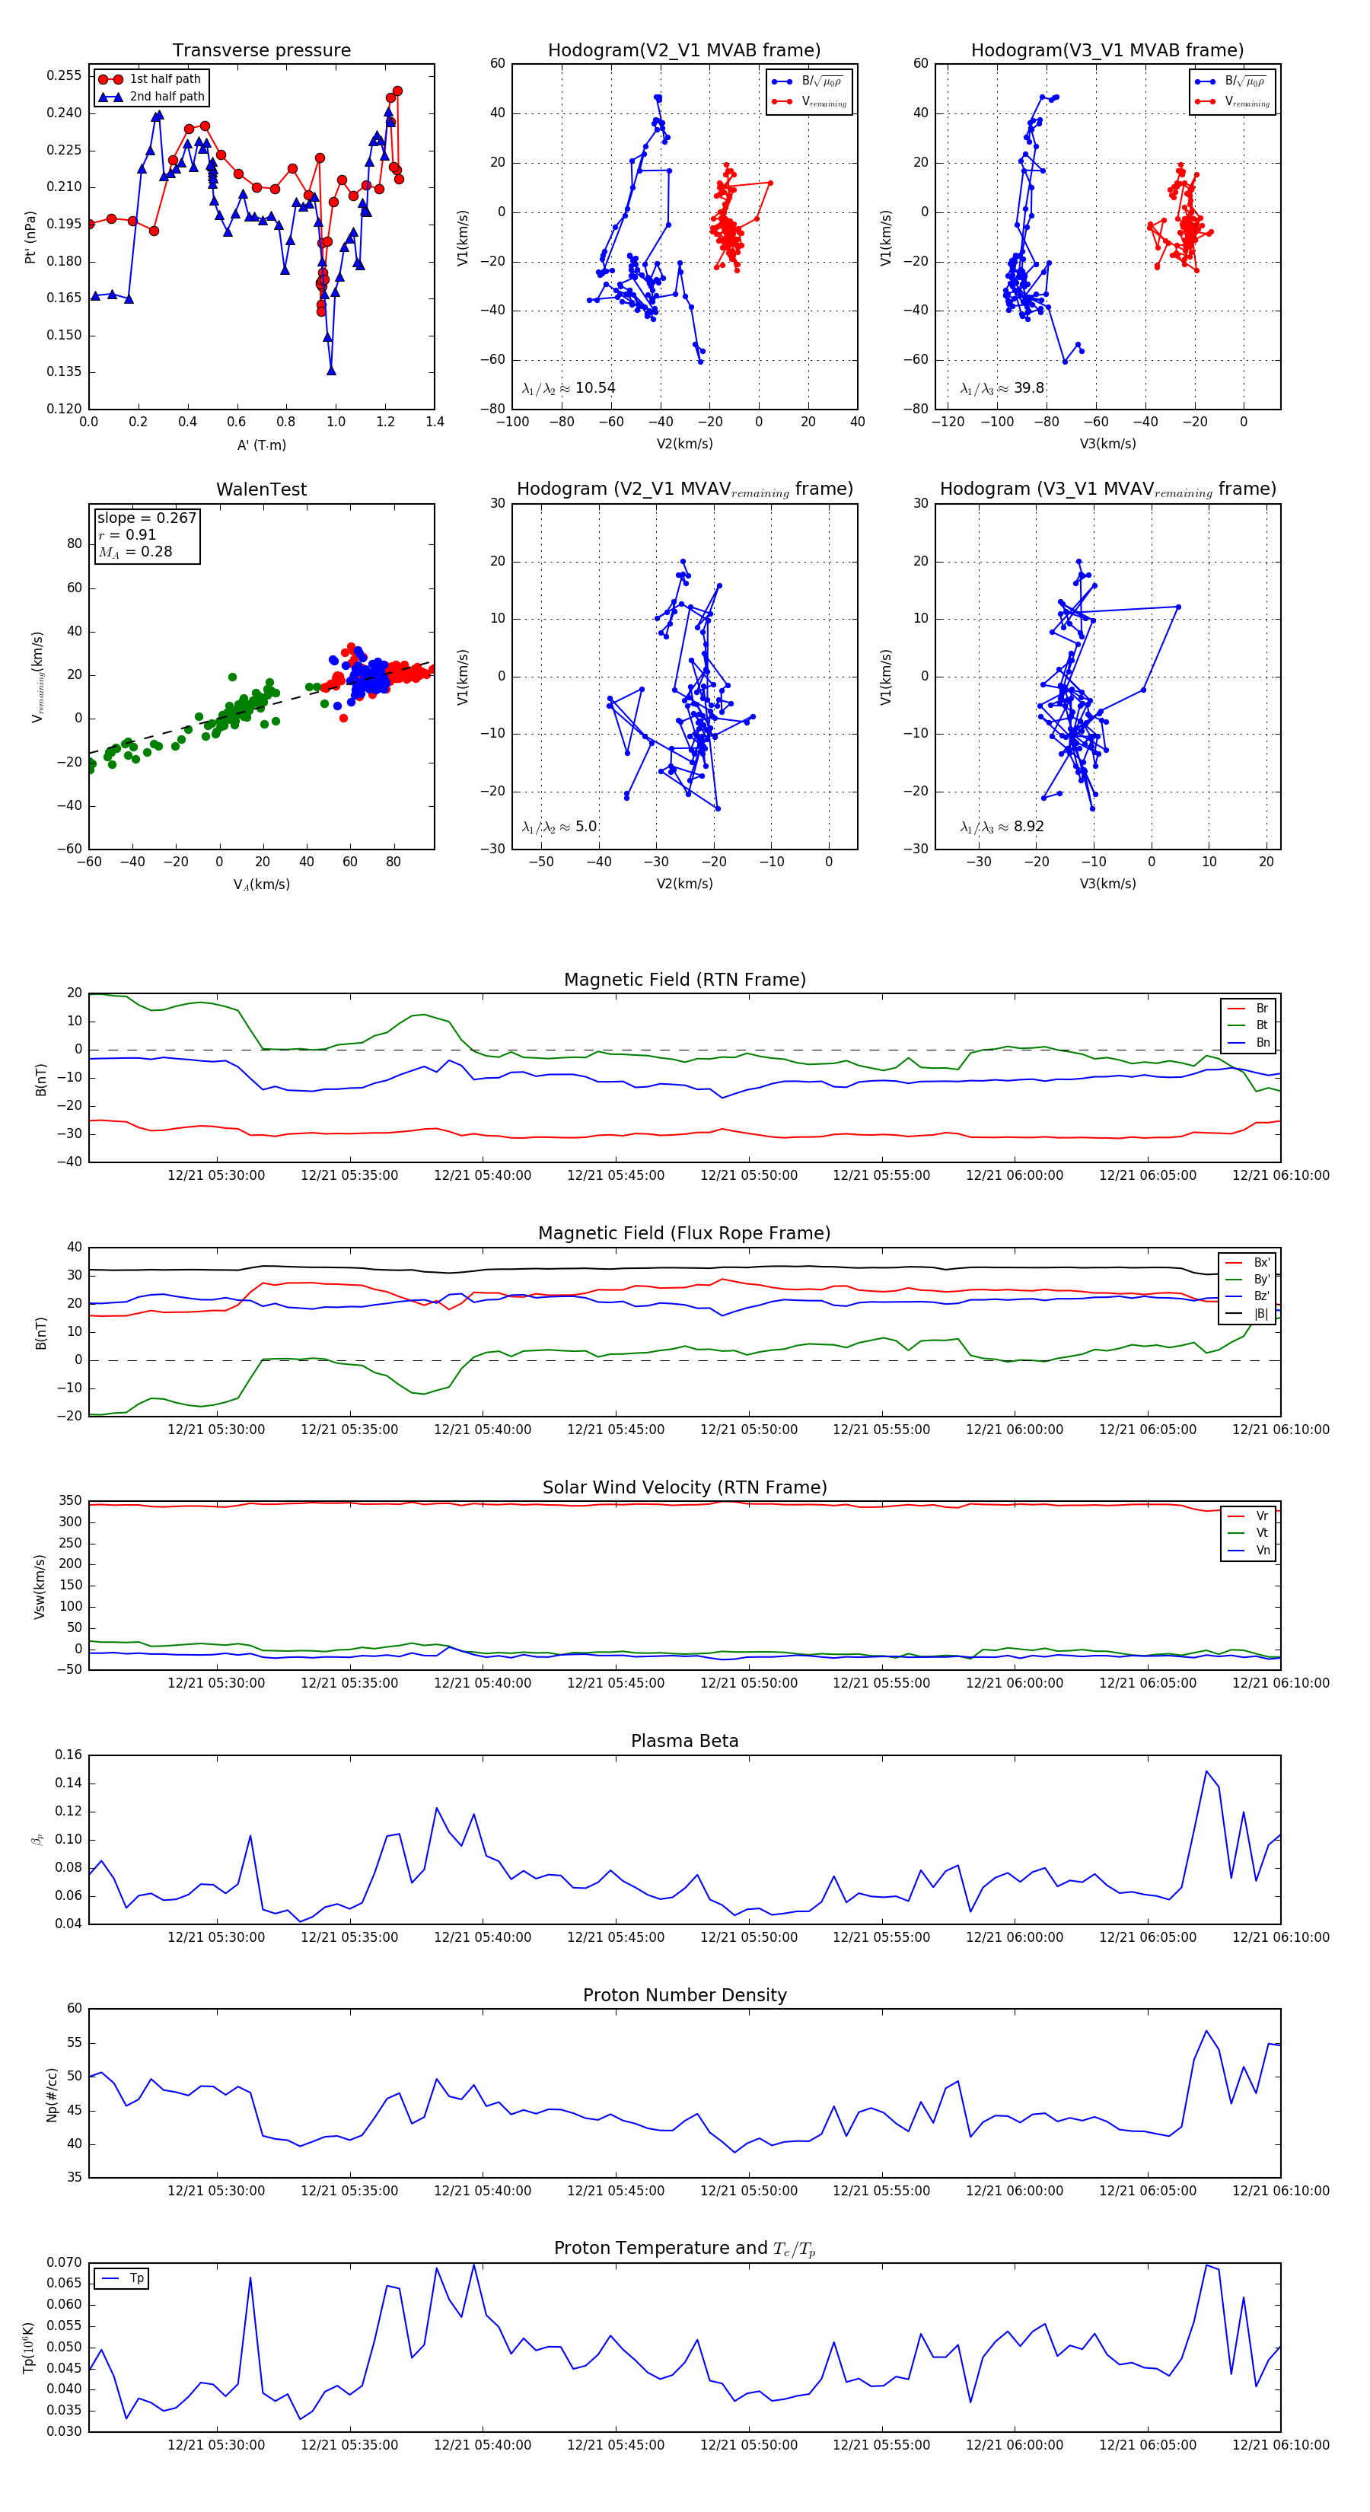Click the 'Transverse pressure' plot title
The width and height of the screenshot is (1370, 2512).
click(261, 51)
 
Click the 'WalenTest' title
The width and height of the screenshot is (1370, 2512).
click(261, 489)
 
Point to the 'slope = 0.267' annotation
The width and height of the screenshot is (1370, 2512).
click(146, 518)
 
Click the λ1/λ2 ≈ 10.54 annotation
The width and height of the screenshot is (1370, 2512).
click(569, 388)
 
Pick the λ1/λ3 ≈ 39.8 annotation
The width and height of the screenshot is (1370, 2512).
click(1002, 388)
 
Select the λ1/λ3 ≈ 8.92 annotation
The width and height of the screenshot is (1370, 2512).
click(1002, 827)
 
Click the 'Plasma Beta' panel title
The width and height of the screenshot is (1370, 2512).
click(684, 1741)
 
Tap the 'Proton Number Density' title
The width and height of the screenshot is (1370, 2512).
click(684, 1994)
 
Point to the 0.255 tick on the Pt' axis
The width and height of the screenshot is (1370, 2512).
click(65, 76)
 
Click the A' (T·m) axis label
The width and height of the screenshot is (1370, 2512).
click(261, 445)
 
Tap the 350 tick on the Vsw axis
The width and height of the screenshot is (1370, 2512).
click(70, 1501)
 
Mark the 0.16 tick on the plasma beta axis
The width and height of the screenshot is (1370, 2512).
click(68, 1755)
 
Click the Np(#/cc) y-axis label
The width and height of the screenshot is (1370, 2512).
click(53, 2093)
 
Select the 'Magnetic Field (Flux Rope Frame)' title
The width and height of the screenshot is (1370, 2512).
click(684, 1234)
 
